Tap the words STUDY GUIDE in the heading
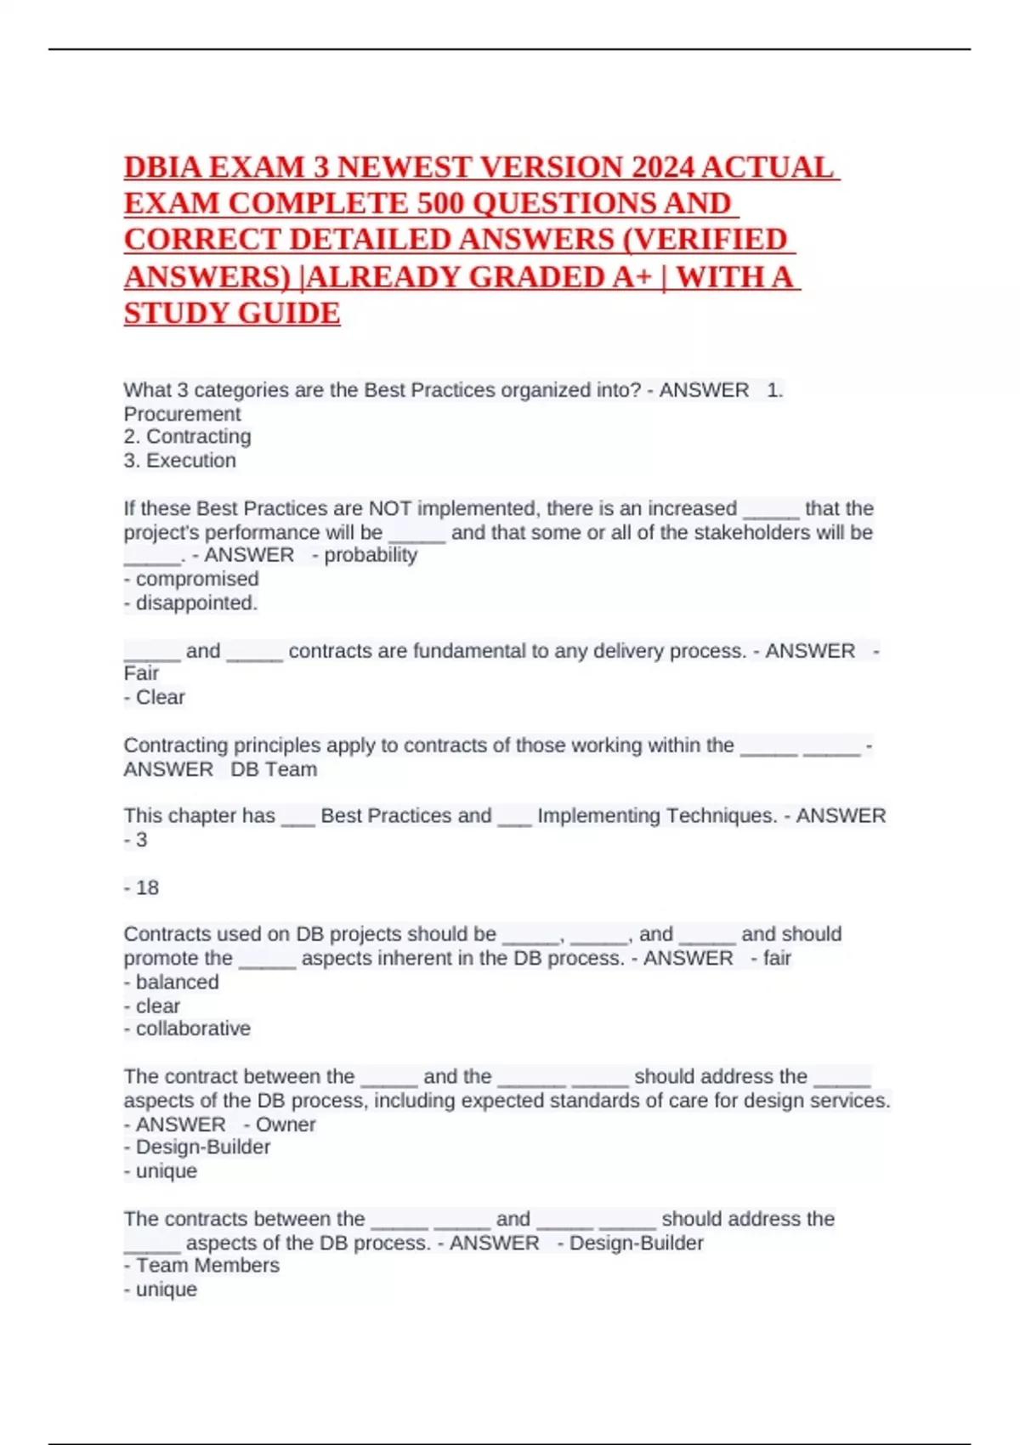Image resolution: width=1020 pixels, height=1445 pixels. pos(232,314)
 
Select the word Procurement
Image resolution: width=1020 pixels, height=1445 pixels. pos(182,414)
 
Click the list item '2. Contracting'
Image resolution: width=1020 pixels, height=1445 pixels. pos(187,437)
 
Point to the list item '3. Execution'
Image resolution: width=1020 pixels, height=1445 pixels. pos(179,461)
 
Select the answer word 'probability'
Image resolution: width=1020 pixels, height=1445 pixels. pos(371,555)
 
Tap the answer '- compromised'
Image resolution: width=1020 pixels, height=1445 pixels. pos(191,579)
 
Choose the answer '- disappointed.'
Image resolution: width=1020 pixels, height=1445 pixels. pos(190,603)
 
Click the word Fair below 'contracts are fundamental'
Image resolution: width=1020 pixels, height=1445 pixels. pos(141,673)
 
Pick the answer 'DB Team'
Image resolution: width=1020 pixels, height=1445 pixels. pos(274,769)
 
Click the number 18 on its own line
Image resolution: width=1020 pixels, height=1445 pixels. pos(147,887)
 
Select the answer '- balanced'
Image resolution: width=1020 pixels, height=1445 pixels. pos(171,982)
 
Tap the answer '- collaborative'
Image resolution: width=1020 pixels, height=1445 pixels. pos(187,1028)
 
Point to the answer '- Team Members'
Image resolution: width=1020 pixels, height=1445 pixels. pos(201,1266)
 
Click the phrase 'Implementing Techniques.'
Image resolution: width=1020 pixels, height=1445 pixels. pos(657,816)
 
